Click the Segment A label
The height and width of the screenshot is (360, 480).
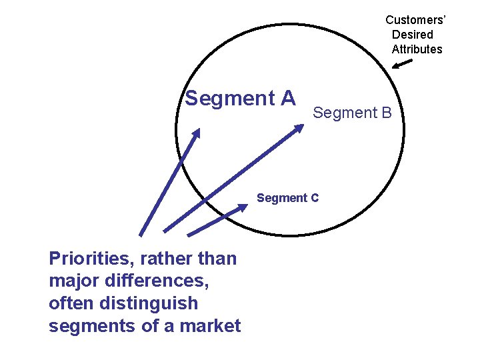click(x=240, y=99)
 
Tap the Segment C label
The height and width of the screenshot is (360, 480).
click(x=287, y=198)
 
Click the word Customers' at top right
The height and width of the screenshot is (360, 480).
click(x=415, y=20)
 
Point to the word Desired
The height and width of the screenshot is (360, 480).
click(x=412, y=35)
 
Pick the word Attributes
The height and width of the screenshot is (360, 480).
click(x=417, y=49)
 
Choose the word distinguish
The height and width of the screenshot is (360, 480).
click(x=147, y=304)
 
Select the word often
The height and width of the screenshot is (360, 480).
click(x=71, y=303)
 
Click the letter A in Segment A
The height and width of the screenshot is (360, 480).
click(x=287, y=99)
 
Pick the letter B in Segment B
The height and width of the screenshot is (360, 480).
click(x=386, y=113)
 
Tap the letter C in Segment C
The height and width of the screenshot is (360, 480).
click(x=314, y=198)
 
